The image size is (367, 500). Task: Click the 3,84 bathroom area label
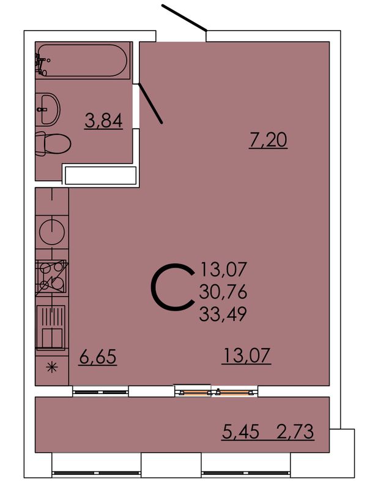click(103, 121)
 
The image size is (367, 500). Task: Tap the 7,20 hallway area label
click(268, 140)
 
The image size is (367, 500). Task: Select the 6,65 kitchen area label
click(98, 356)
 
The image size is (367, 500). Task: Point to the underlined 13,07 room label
click(247, 355)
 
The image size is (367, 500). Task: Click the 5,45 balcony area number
click(240, 432)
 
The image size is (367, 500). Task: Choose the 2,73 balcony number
click(295, 432)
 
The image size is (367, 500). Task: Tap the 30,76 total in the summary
click(223, 292)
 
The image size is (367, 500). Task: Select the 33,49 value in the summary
click(223, 314)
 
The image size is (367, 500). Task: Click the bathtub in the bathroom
click(83, 60)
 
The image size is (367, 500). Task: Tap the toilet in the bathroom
click(53, 144)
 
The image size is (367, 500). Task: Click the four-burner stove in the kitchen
click(51, 277)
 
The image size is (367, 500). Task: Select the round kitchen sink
click(52, 232)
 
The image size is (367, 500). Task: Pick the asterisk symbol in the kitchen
click(52, 368)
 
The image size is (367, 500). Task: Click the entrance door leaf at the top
click(184, 18)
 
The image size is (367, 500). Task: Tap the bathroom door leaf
click(150, 103)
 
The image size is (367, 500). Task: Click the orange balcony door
click(217, 392)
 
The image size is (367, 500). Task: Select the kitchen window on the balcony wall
click(100, 392)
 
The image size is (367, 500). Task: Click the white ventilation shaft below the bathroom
click(100, 175)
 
